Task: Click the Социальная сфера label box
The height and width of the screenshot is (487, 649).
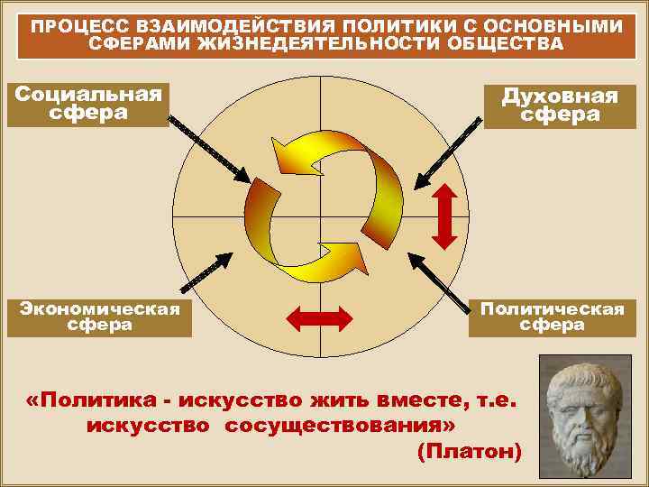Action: [87, 104]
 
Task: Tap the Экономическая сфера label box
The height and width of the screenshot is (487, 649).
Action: [99, 317]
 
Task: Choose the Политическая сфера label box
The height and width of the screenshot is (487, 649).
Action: [552, 317]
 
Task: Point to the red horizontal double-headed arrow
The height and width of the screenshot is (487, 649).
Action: [317, 317]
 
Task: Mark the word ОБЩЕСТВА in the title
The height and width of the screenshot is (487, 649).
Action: [510, 43]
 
